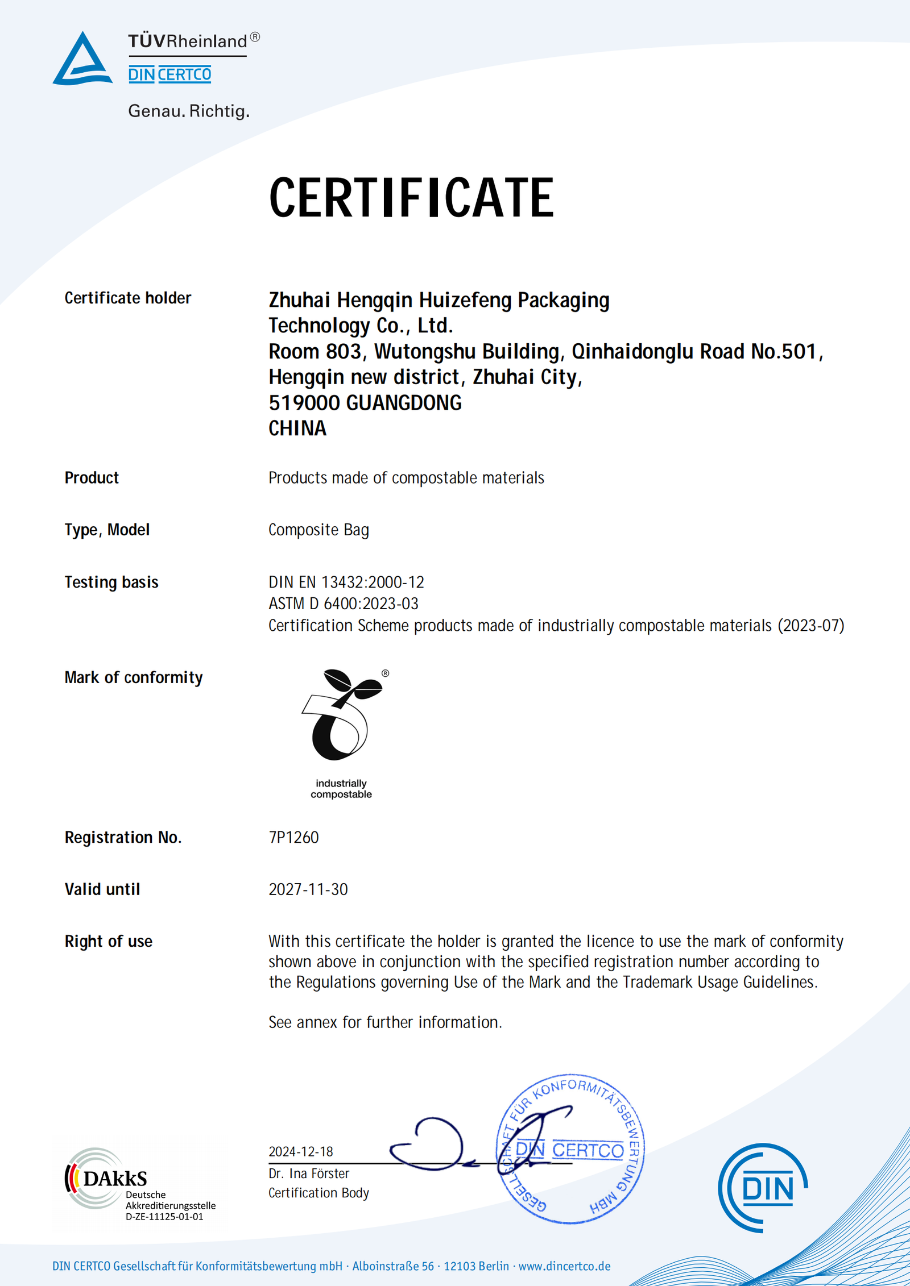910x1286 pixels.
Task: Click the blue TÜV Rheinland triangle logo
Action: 82,60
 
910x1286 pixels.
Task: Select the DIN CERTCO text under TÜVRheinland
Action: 169,74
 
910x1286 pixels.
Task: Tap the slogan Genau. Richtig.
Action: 189,111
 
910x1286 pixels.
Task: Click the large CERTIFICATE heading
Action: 411,198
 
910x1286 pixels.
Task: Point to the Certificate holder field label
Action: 127,298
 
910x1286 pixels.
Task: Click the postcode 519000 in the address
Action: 304,403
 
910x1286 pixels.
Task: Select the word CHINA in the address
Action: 297,428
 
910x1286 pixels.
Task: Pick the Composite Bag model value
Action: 318,530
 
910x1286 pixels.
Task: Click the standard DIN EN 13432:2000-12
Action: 346,582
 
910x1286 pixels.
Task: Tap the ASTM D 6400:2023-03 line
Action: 343,604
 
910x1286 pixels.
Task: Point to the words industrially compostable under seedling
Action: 341,789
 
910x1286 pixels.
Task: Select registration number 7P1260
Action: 293,837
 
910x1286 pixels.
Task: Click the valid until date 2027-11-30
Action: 308,889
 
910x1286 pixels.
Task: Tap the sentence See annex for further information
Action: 385,1022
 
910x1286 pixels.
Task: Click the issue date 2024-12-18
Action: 300,1151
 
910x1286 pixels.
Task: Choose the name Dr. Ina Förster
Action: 308,1173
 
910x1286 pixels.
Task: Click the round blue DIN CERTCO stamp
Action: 571,1149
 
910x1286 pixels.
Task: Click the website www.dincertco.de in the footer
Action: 564,1266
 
